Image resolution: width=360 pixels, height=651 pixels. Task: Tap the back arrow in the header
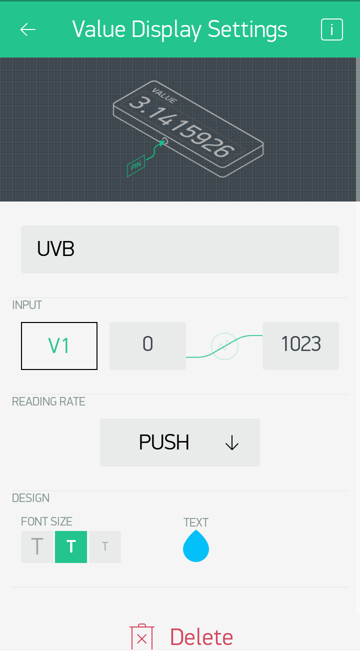(x=28, y=29)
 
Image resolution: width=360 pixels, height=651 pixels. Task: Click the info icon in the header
(x=332, y=29)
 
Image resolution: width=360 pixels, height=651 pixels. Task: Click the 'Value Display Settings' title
(x=179, y=29)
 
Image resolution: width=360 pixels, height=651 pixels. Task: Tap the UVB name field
(x=180, y=249)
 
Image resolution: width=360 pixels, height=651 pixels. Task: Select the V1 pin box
(x=59, y=346)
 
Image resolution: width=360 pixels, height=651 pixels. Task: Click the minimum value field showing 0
(x=147, y=346)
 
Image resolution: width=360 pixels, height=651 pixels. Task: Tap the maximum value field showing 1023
(x=300, y=346)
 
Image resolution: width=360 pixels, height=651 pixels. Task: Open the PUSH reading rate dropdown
(x=180, y=442)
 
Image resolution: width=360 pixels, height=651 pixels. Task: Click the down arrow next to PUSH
(x=232, y=442)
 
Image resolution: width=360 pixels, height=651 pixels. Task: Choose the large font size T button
(x=37, y=547)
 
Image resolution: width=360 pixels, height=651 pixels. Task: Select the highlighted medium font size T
(x=71, y=547)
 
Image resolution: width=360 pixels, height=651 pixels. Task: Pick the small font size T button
(x=105, y=547)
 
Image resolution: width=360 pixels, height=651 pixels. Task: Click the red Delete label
(x=201, y=637)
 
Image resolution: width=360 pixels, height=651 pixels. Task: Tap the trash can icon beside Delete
(x=142, y=636)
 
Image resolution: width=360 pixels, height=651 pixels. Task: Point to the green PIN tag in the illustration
(x=136, y=166)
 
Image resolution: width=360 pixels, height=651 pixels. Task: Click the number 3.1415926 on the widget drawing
(x=181, y=126)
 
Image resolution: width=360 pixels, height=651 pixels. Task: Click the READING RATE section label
(x=48, y=401)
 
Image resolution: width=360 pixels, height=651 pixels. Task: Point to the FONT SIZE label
(x=46, y=521)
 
